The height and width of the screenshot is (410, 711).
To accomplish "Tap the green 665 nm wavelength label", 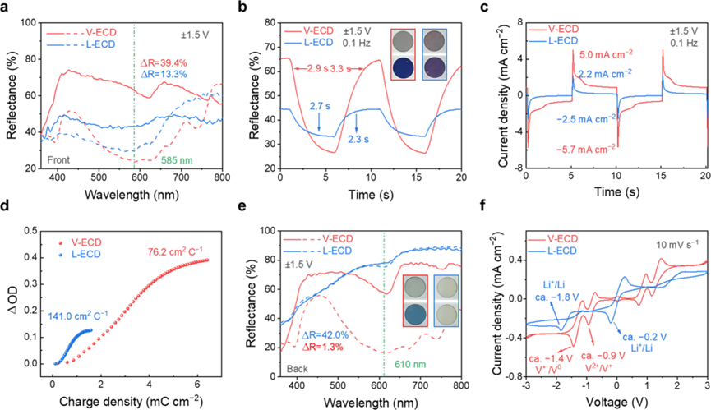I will pos(178,160).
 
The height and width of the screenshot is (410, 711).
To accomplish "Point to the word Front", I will pos(57,160).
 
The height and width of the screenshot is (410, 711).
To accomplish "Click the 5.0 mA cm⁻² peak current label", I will pos(607,54).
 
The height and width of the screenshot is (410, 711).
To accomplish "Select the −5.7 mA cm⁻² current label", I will pos(586,150).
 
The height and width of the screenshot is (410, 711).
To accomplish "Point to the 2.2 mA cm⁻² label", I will pos(605,74).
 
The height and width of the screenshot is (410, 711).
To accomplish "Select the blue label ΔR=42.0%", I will pos(325,335).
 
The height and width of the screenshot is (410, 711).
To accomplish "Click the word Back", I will pos(298,369).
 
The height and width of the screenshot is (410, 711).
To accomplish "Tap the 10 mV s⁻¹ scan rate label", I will pos(677,245).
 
